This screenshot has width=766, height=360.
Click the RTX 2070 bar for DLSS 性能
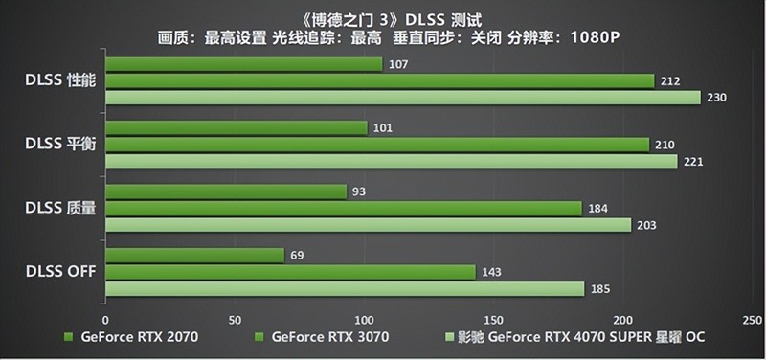click(x=243, y=64)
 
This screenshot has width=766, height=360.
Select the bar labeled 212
click(x=379, y=80)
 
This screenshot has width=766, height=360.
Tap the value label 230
click(x=715, y=97)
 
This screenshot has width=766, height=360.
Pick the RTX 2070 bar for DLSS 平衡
click(x=236, y=127)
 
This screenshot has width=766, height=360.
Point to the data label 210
click(x=665, y=145)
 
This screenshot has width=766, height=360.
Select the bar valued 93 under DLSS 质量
click(x=226, y=191)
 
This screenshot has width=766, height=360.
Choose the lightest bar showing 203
click(x=368, y=224)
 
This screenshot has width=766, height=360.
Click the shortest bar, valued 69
click(x=194, y=256)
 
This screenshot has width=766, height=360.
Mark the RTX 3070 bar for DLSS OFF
click(x=290, y=272)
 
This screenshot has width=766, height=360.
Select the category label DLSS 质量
click(x=59, y=208)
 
